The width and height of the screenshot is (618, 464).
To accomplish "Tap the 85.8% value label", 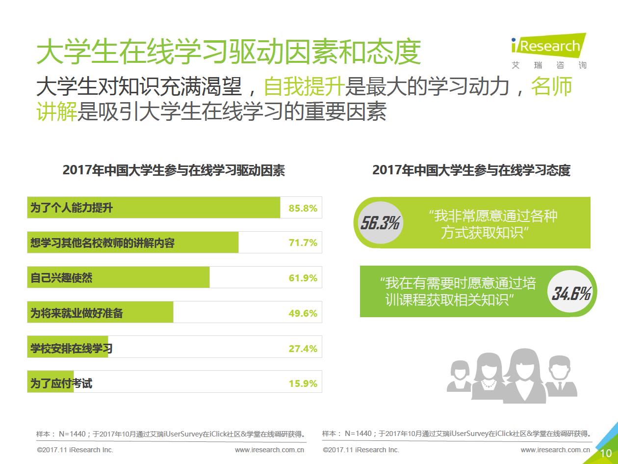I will click(303, 208).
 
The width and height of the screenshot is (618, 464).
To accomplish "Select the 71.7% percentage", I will click(303, 243).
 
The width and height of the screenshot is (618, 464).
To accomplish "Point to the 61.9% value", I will click(303, 278).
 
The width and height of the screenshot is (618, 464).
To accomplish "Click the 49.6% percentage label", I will click(303, 313).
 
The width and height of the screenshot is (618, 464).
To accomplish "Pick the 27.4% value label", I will click(303, 349).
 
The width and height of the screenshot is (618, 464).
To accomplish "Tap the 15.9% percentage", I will click(303, 383).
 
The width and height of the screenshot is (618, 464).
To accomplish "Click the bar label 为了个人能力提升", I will click(72, 208).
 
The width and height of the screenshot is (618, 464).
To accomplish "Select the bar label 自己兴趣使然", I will click(61, 278).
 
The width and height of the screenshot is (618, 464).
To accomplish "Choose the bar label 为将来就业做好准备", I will click(77, 313).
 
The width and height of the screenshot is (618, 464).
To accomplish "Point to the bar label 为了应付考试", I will click(61, 383).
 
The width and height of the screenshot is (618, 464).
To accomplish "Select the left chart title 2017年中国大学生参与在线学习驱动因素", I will click(174, 170).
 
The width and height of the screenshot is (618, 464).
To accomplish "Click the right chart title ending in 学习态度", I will click(471, 170).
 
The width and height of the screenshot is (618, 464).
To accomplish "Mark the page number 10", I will click(606, 453).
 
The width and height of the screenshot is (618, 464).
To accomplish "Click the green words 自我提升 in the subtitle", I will click(304, 87).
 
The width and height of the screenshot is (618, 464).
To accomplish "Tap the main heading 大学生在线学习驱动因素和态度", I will click(229, 52).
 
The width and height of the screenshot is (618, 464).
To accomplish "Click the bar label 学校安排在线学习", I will click(72, 349).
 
